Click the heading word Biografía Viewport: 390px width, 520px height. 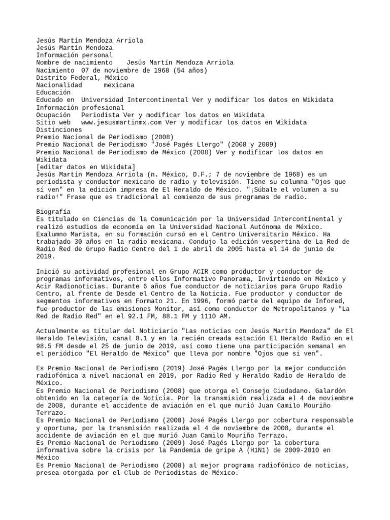pyautogui.click(x=53, y=211)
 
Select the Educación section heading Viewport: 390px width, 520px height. pyautogui.click(x=53, y=92)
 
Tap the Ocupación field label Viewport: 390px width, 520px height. pyautogui.click(x=53, y=115)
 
